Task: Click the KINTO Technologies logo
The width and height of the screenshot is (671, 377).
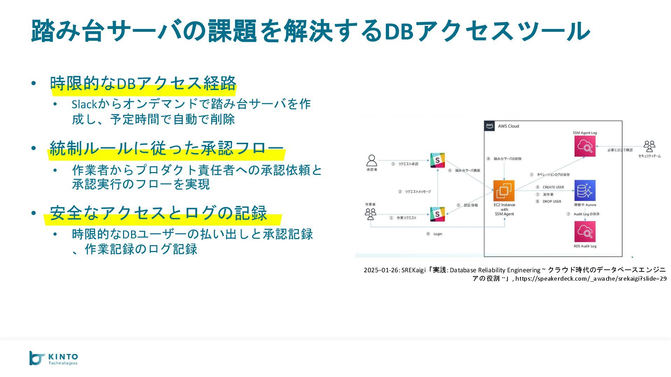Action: click(53, 358)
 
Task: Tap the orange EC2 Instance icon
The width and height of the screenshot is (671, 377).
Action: click(504, 191)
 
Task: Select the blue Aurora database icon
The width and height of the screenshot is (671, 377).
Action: click(585, 191)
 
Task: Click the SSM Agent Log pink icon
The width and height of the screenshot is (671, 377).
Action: click(585, 146)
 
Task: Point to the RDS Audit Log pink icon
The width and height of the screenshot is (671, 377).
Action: click(585, 231)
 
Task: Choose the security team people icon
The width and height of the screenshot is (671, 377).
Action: click(649, 146)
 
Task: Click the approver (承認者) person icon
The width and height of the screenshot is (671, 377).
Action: click(371, 161)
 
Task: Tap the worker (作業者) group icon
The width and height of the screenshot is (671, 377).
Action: click(370, 214)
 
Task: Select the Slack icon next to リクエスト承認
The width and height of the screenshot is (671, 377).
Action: click(437, 161)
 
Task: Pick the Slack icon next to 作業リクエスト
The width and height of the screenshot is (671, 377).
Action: click(437, 214)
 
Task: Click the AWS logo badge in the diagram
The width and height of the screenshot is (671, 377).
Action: click(490, 126)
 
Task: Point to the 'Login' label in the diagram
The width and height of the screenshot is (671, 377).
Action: click(438, 234)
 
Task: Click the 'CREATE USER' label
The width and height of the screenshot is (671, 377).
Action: click(553, 187)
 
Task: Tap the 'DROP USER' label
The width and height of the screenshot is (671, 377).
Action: click(552, 201)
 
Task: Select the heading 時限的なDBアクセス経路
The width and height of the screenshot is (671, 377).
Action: click(143, 83)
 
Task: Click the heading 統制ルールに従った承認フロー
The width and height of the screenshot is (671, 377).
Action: click(166, 148)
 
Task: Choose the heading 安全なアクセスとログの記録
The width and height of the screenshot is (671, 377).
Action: click(158, 213)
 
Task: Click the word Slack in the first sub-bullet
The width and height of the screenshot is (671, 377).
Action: click(84, 104)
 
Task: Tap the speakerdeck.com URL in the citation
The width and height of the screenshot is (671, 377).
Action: click(591, 279)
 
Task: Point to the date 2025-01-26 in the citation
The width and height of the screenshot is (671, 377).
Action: click(381, 270)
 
